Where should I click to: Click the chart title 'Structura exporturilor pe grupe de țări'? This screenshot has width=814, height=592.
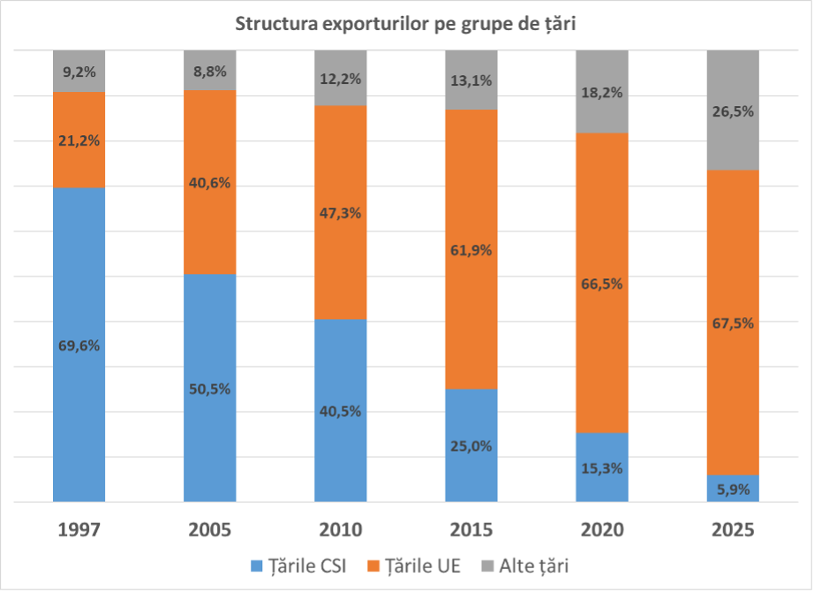pyautogui.click(x=405, y=24)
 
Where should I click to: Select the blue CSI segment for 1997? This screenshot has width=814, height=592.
pyautogui.click(x=79, y=345)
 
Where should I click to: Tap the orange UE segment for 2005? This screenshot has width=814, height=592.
pyautogui.click(x=210, y=182)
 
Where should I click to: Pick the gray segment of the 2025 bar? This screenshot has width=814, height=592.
pyautogui.click(x=733, y=110)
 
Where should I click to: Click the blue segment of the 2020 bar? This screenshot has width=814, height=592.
pyautogui.click(x=602, y=467)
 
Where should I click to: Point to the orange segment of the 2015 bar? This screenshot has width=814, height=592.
pyautogui.click(x=471, y=249)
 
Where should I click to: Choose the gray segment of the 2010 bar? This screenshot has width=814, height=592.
pyautogui.click(x=341, y=78)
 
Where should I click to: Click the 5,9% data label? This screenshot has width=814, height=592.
pyautogui.click(x=733, y=490)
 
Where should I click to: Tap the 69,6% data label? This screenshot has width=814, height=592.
pyautogui.click(x=79, y=345)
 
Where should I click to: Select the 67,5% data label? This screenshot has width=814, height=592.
pyautogui.click(x=733, y=323)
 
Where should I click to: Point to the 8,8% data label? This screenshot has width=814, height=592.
pyautogui.click(x=210, y=72)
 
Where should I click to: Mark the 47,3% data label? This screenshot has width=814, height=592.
pyautogui.click(x=341, y=213)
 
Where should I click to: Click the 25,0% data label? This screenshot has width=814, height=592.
pyautogui.click(x=471, y=446)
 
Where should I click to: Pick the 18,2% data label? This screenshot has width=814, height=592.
pyautogui.click(x=602, y=93)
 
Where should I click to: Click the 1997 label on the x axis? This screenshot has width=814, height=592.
pyautogui.click(x=79, y=529)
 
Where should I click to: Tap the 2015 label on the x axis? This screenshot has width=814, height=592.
pyautogui.click(x=471, y=529)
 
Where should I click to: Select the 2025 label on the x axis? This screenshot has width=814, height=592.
pyautogui.click(x=733, y=529)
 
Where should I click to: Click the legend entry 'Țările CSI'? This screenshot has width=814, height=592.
pyautogui.click(x=298, y=566)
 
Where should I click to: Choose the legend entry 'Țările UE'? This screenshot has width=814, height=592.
pyautogui.click(x=414, y=566)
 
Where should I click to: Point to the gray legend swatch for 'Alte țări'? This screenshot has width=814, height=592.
pyautogui.click(x=487, y=566)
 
